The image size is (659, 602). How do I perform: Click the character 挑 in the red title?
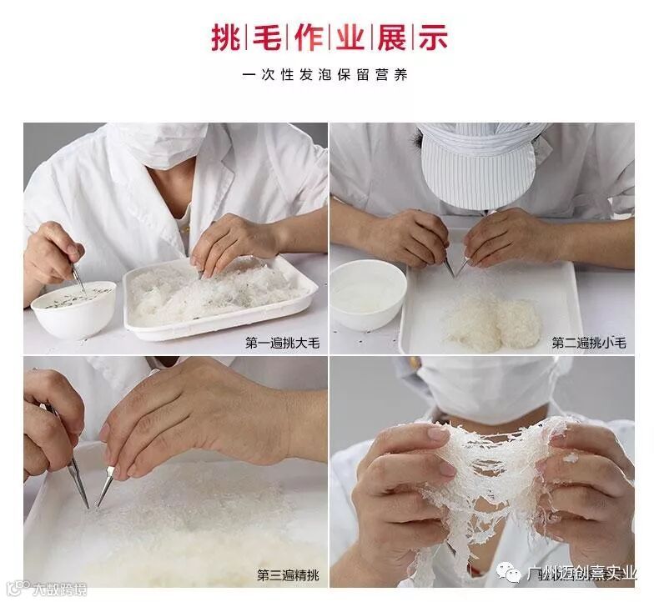(x=226, y=38)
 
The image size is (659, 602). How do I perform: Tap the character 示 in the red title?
(x=433, y=38)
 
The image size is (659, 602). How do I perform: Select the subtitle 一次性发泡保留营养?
(x=324, y=75)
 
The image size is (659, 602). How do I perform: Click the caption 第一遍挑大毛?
(x=283, y=344)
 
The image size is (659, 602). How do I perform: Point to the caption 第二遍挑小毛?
(x=589, y=344)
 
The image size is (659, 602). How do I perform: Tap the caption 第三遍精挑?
(x=289, y=575)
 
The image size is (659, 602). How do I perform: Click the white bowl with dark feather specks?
(x=73, y=309)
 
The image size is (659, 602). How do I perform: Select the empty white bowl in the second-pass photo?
(x=369, y=294)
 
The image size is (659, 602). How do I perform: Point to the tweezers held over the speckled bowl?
(x=78, y=278)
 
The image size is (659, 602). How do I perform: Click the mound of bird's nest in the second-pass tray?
(x=493, y=320)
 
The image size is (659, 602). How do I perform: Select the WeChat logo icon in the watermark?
(x=509, y=573)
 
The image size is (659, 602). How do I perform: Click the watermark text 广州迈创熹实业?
(x=581, y=574)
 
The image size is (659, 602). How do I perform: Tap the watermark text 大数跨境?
(x=60, y=589)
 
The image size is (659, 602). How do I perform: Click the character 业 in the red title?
(x=350, y=38)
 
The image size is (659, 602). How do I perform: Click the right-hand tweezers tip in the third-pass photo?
(x=98, y=506)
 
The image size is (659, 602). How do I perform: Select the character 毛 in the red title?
(x=267, y=38)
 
